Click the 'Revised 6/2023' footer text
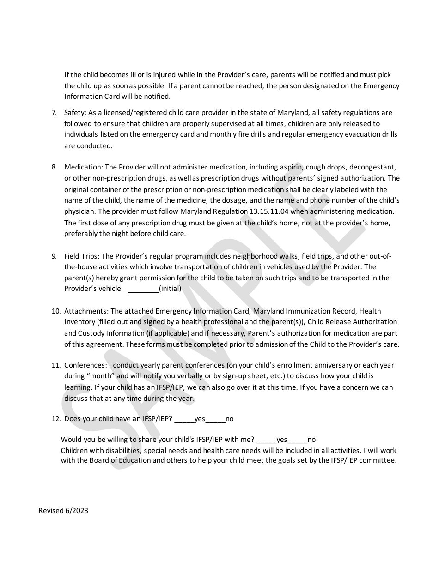point(63,510)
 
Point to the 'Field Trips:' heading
point(82,256)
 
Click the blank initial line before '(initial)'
point(143,289)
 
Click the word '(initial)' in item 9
point(170,289)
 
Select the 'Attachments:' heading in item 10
point(86,311)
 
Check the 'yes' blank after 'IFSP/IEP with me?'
point(266,440)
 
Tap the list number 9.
point(54,256)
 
